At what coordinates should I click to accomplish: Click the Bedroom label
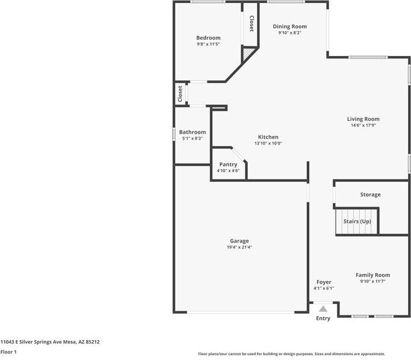tap(209, 38)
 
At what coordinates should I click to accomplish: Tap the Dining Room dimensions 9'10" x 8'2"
tap(290, 33)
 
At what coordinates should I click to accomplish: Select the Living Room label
tap(363, 119)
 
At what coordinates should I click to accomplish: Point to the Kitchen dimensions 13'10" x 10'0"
tap(268, 143)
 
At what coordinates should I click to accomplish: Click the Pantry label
tap(228, 164)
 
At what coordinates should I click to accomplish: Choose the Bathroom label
tap(192, 132)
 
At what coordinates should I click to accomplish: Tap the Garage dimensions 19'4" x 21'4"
tap(239, 247)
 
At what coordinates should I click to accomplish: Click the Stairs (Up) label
tap(357, 222)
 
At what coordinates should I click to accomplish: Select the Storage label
tap(371, 194)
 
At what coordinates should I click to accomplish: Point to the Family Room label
tap(372, 275)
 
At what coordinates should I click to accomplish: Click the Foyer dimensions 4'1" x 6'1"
tap(324, 288)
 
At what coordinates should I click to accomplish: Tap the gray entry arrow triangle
tap(323, 309)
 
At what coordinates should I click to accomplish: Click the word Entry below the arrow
tap(323, 318)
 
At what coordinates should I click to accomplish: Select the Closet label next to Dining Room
tap(251, 23)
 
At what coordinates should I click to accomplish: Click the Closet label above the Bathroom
tap(180, 94)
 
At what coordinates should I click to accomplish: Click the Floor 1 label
tap(8, 352)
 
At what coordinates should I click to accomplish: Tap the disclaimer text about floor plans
tap(292, 354)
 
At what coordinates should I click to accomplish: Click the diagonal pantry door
tap(239, 155)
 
